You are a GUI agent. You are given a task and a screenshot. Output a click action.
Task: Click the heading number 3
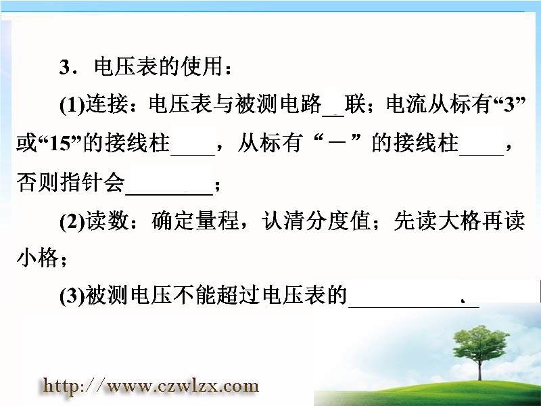(66, 67)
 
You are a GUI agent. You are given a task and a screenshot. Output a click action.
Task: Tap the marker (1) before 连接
(72, 104)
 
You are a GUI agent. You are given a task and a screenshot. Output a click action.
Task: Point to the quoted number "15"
(60, 143)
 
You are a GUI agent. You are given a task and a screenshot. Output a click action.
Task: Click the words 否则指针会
(70, 182)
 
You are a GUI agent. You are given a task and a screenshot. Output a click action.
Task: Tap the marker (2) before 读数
(72, 222)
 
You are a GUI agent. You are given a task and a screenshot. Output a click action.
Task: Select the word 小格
(38, 258)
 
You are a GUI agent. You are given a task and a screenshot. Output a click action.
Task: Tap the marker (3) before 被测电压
(72, 296)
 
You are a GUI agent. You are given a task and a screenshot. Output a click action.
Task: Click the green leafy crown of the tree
(479, 342)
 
